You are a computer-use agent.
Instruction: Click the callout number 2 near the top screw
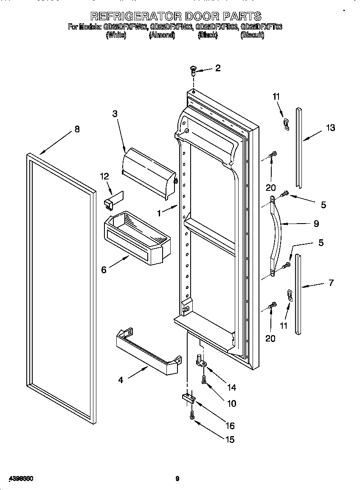218,68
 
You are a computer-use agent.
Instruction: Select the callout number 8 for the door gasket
77,129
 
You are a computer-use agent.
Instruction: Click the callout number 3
115,113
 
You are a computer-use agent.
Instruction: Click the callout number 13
330,128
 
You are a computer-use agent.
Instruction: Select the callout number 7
331,283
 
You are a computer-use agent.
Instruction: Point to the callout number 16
230,426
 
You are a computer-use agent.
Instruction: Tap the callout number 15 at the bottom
230,440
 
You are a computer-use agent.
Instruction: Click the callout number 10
232,403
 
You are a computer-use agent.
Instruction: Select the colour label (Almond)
162,36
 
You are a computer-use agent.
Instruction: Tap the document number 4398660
18,479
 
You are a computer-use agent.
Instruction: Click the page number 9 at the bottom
177,479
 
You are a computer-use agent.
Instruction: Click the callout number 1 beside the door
159,213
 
